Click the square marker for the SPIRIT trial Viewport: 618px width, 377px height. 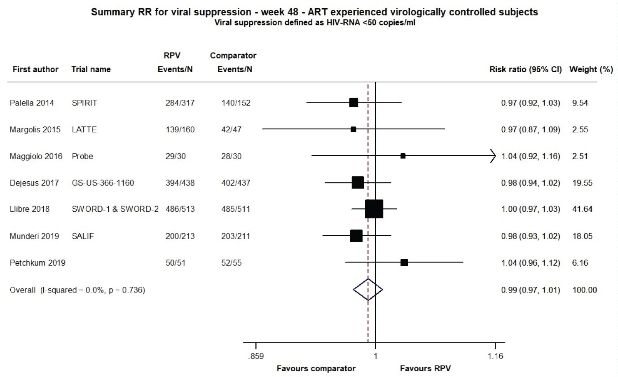(x=353, y=102)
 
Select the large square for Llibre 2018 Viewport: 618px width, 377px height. (x=374, y=209)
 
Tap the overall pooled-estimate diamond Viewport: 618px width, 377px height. (x=368, y=290)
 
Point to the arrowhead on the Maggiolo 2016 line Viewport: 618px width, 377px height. (x=493, y=156)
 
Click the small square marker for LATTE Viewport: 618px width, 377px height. (x=353, y=129)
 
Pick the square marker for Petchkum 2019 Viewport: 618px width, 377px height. (x=404, y=262)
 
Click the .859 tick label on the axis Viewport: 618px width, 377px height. (x=256, y=356)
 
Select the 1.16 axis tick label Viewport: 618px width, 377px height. (x=495, y=356)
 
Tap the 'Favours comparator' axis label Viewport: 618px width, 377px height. (x=316, y=368)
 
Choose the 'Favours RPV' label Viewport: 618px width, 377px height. (x=425, y=368)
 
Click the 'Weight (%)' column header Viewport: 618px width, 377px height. (x=591, y=69)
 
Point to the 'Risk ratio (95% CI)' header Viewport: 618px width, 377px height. (x=525, y=69)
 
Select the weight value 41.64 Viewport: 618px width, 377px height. (x=582, y=209)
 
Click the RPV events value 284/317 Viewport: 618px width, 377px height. (x=180, y=103)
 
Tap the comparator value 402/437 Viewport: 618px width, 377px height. (x=236, y=183)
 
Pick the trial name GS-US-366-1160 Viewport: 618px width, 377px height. (x=103, y=183)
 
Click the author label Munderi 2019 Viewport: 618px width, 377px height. (x=34, y=236)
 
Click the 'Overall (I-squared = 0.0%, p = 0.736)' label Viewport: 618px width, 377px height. (x=77, y=290)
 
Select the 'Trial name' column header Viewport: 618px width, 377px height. (x=91, y=69)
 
